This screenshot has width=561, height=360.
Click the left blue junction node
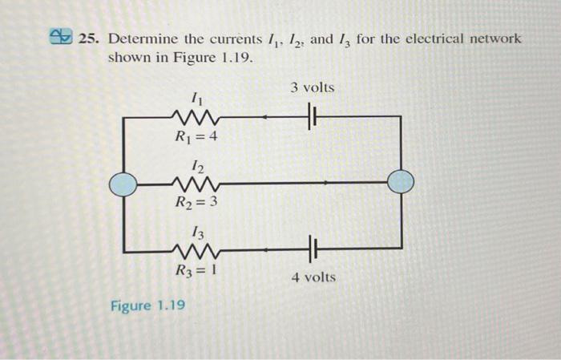pos(124,183)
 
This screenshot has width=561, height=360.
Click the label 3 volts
pos(313,87)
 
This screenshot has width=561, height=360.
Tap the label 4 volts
pos(314,277)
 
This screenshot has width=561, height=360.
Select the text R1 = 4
pos(196,136)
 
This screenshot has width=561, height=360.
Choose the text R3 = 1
pos(196,269)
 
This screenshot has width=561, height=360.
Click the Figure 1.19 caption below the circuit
pos(147,305)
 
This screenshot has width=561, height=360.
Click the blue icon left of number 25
pos(60,37)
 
